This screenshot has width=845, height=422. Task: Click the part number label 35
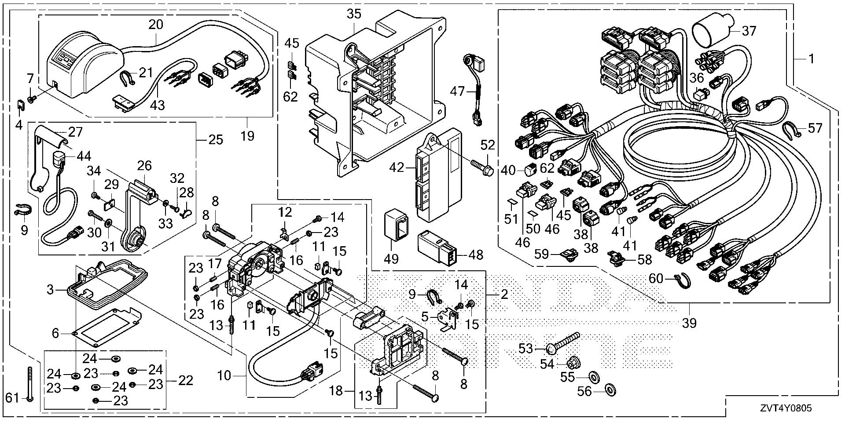[x=354, y=15]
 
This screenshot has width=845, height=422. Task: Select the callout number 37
[x=749, y=31]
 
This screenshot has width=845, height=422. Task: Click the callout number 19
[x=247, y=136]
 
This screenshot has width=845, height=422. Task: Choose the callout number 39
[x=689, y=323]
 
